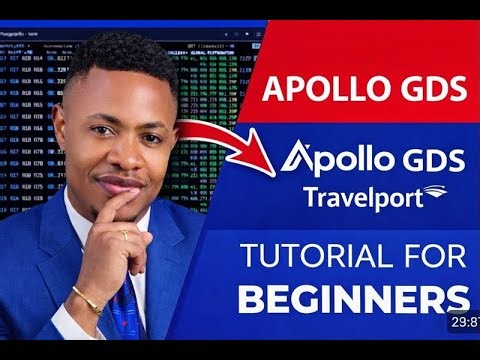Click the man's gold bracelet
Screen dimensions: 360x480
click(87, 298)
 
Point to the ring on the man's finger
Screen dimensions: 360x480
click(123, 234)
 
